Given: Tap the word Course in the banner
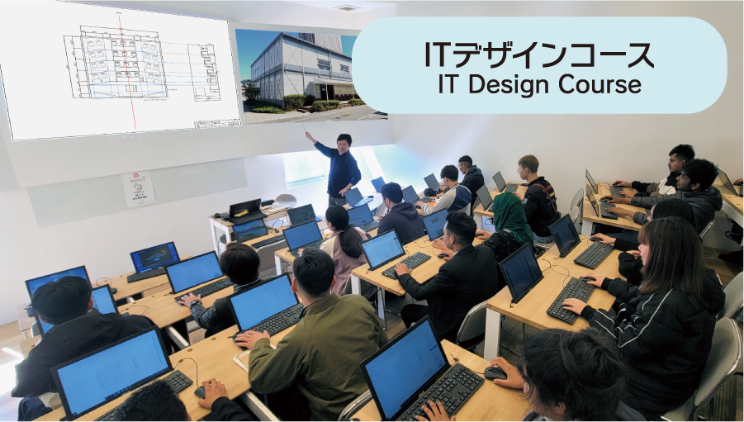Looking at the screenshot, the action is pyautogui.click(x=599, y=84).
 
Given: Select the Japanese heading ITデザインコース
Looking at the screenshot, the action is pyautogui.click(x=539, y=55).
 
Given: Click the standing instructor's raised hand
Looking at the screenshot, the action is pyautogui.click(x=309, y=135).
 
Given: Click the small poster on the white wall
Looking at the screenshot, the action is pyautogui.click(x=138, y=188).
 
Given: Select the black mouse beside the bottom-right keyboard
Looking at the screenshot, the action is pyautogui.click(x=495, y=373).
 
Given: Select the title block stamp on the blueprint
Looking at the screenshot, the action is pyautogui.click(x=217, y=123).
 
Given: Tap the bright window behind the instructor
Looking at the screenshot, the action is pyautogui.click(x=306, y=168).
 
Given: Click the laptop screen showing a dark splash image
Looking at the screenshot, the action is pyautogui.click(x=155, y=257).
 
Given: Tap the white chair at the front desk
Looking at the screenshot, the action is pyautogui.click(x=285, y=201).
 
